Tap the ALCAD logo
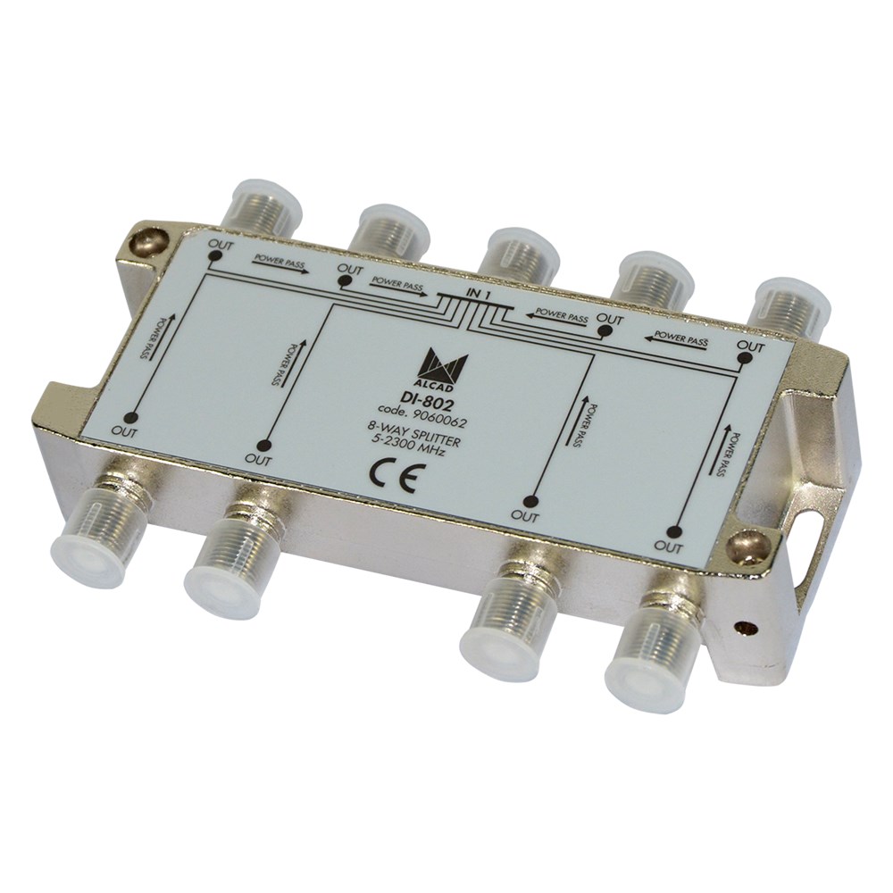(447, 371)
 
